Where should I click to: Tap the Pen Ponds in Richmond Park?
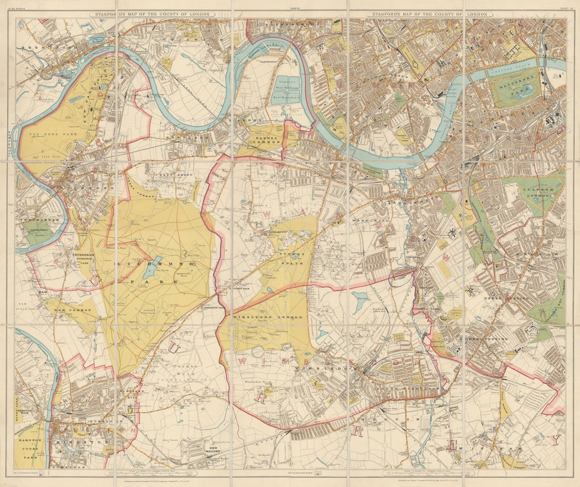pyautogui.click(x=150, y=270)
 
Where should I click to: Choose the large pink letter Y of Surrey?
pyautogui.click(x=554, y=439)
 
